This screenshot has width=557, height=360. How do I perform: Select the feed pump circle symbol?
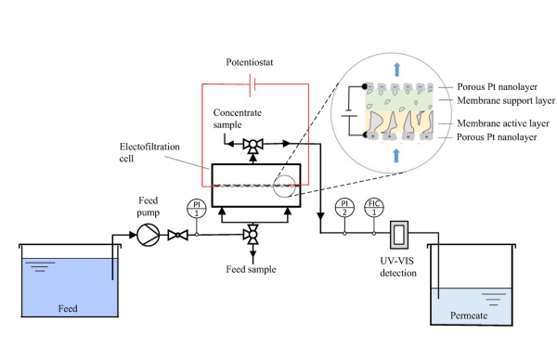coord(149,235)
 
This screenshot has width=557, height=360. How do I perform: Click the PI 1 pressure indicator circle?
coord(195,208)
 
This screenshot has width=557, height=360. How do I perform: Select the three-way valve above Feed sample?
coord(251,235)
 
